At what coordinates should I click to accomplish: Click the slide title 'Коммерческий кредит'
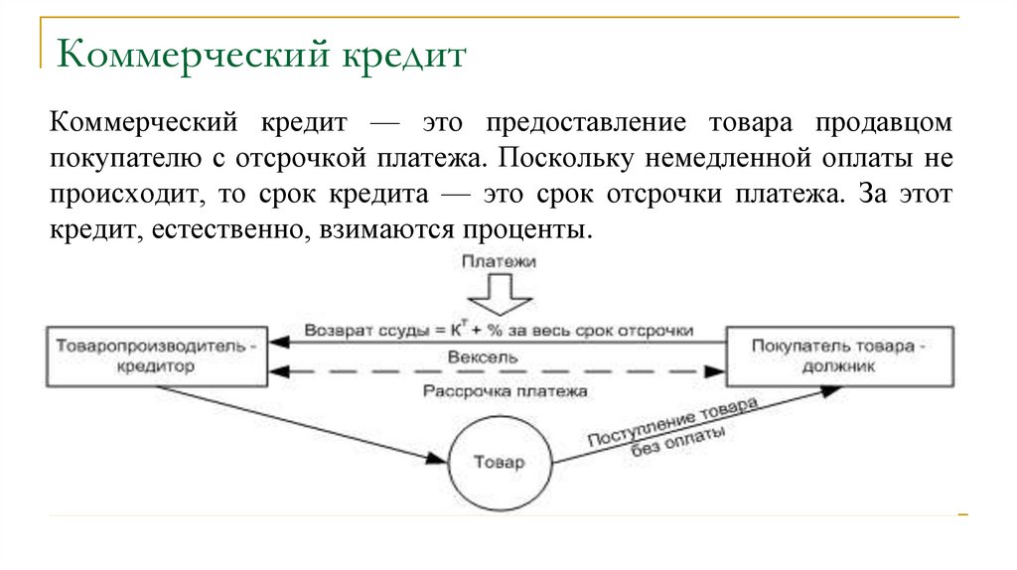tap(261, 54)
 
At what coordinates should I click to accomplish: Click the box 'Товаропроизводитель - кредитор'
tap(156, 356)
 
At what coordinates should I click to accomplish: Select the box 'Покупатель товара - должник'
tap(840, 356)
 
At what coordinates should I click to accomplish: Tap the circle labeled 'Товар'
tap(499, 463)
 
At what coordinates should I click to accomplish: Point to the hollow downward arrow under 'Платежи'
tap(500, 293)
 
